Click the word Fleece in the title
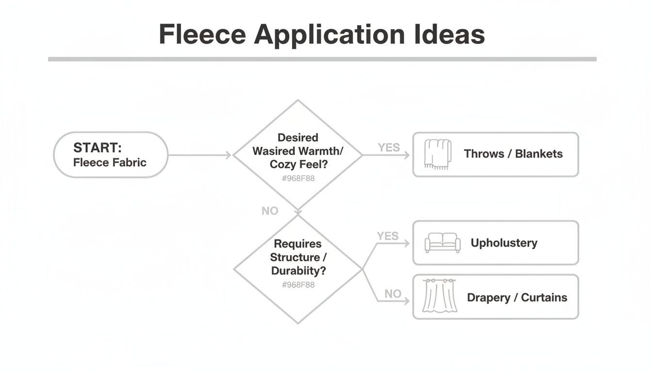click(x=202, y=34)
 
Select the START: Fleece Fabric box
click(x=110, y=155)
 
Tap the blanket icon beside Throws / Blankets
click(x=437, y=154)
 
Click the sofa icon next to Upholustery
click(x=442, y=243)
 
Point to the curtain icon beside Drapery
click(x=440, y=296)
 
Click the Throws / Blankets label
click(x=513, y=154)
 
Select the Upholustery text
click(x=504, y=243)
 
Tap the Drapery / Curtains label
click(x=517, y=297)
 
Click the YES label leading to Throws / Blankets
click(x=389, y=147)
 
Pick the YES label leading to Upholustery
click(x=388, y=236)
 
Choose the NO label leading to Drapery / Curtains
click(x=392, y=294)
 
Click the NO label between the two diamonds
click(x=270, y=211)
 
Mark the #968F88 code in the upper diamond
click(x=298, y=178)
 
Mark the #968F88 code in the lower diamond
click(x=298, y=284)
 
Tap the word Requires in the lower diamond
click(x=297, y=244)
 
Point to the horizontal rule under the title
click(x=322, y=59)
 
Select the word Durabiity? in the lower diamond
click(x=297, y=271)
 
